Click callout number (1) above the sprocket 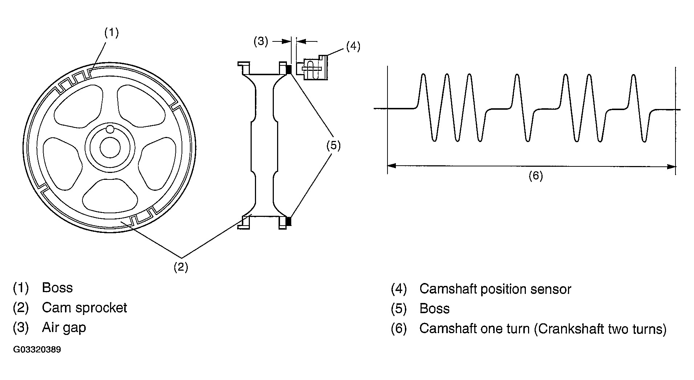pos(111,33)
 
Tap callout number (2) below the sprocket pos(180,267)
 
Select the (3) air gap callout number pos(260,41)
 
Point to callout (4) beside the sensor pos(353,46)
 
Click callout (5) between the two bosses pos(333,146)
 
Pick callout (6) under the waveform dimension pos(535,176)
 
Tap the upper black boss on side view pos(289,69)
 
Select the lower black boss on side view pos(289,221)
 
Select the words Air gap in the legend pos(64,328)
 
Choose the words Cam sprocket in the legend pos(85,308)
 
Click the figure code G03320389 pos(37,350)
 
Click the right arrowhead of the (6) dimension pos(672,166)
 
